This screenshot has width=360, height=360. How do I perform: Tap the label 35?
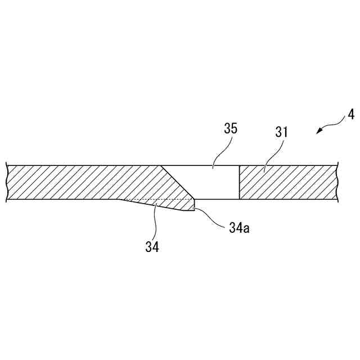pos(230,128)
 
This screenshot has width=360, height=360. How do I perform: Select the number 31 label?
pos(281,133)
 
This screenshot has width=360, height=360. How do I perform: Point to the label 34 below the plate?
pos(152,246)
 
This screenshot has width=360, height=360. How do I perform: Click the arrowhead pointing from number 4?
pos(319,131)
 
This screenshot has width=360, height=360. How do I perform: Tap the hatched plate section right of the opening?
pos(287,182)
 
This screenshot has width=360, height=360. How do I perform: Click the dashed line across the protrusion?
pos(157,199)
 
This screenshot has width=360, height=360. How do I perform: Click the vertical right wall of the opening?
pos(240,182)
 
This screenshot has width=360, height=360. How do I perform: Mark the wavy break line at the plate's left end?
pos(6,182)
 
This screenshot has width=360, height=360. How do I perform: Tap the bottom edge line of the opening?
pos(217,199)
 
